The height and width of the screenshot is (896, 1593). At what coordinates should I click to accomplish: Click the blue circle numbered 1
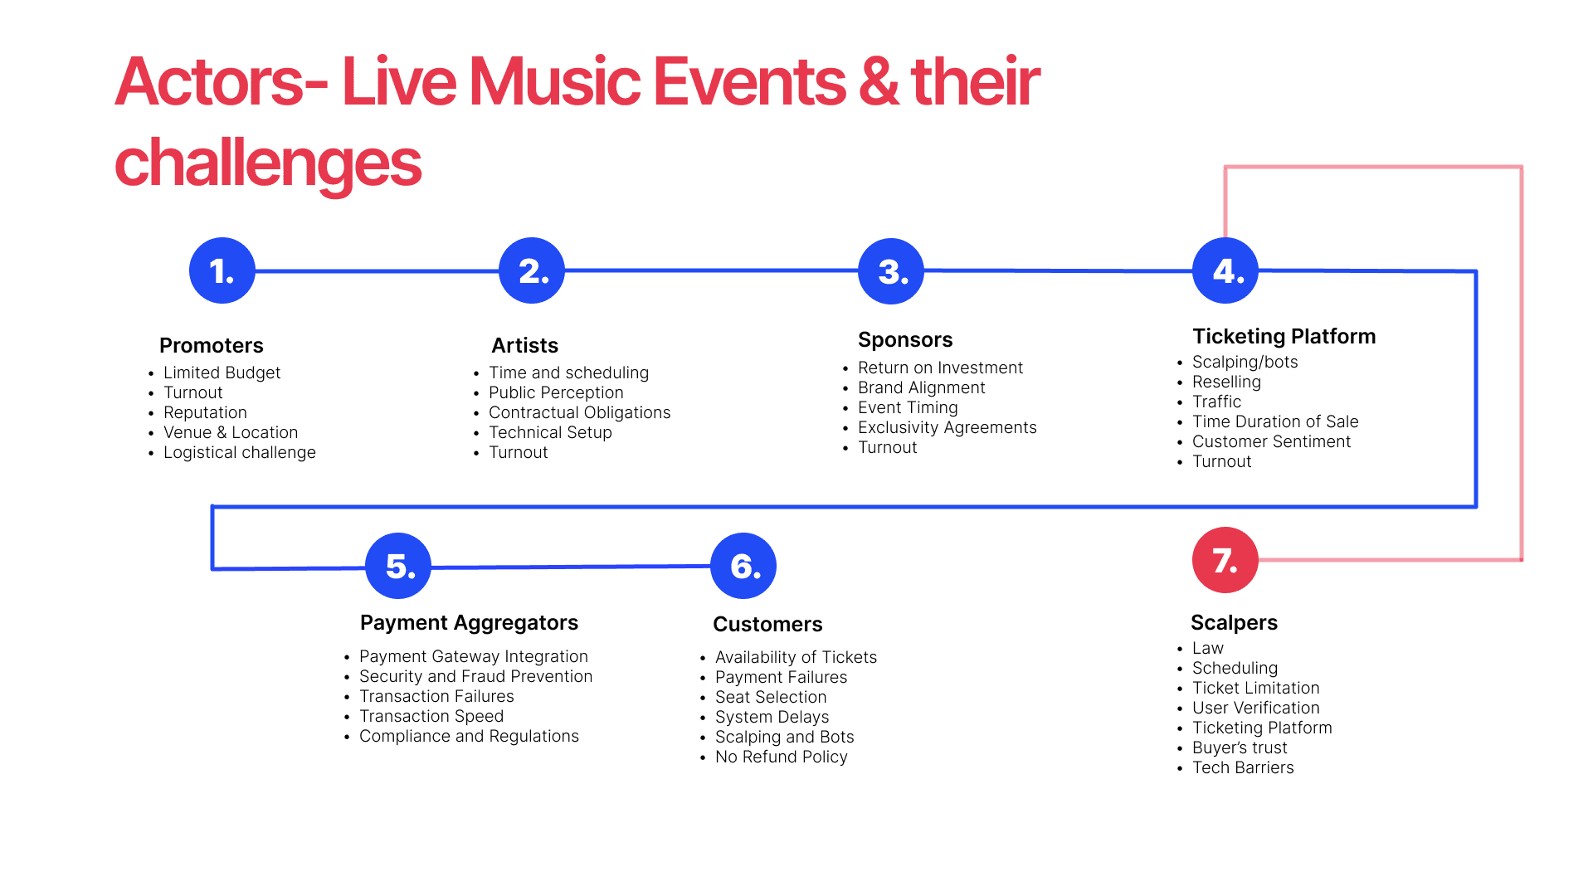tap(222, 270)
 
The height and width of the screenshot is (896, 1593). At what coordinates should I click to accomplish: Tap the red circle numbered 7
tap(1225, 560)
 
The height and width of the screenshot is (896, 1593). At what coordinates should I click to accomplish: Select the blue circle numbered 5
tap(398, 566)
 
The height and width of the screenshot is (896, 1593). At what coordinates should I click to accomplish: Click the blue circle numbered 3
tap(891, 271)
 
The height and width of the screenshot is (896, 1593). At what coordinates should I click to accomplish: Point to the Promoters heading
tap(211, 345)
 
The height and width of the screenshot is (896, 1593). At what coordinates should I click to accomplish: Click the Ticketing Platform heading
tap(1284, 336)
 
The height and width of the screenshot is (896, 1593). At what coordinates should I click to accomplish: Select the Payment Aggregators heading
tap(469, 622)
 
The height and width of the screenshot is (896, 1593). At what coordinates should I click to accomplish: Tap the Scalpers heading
tap(1234, 622)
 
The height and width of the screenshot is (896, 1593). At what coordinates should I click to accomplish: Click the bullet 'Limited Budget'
tap(222, 373)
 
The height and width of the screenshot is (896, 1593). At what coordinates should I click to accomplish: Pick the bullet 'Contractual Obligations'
tap(579, 412)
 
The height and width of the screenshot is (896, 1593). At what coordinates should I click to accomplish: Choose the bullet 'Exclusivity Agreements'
tap(947, 427)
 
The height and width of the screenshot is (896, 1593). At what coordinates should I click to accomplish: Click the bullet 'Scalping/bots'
tap(1245, 362)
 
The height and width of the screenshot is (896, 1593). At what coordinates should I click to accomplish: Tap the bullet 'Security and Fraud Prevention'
tap(475, 676)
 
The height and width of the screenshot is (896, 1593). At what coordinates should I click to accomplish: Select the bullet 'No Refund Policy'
tap(781, 757)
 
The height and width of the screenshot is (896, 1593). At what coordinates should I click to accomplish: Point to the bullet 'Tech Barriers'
tap(1243, 767)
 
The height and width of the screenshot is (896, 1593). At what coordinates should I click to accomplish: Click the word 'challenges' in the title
tap(268, 163)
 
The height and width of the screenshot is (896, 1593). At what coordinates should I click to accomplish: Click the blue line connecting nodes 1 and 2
tap(377, 271)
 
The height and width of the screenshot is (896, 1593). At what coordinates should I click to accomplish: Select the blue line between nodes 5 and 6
tap(571, 567)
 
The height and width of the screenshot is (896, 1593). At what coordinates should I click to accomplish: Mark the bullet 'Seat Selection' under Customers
tap(771, 697)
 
